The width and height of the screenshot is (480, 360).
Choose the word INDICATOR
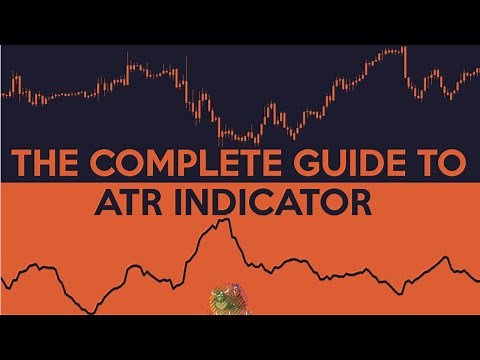point(274,202)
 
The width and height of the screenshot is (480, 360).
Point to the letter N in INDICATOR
point(203,202)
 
